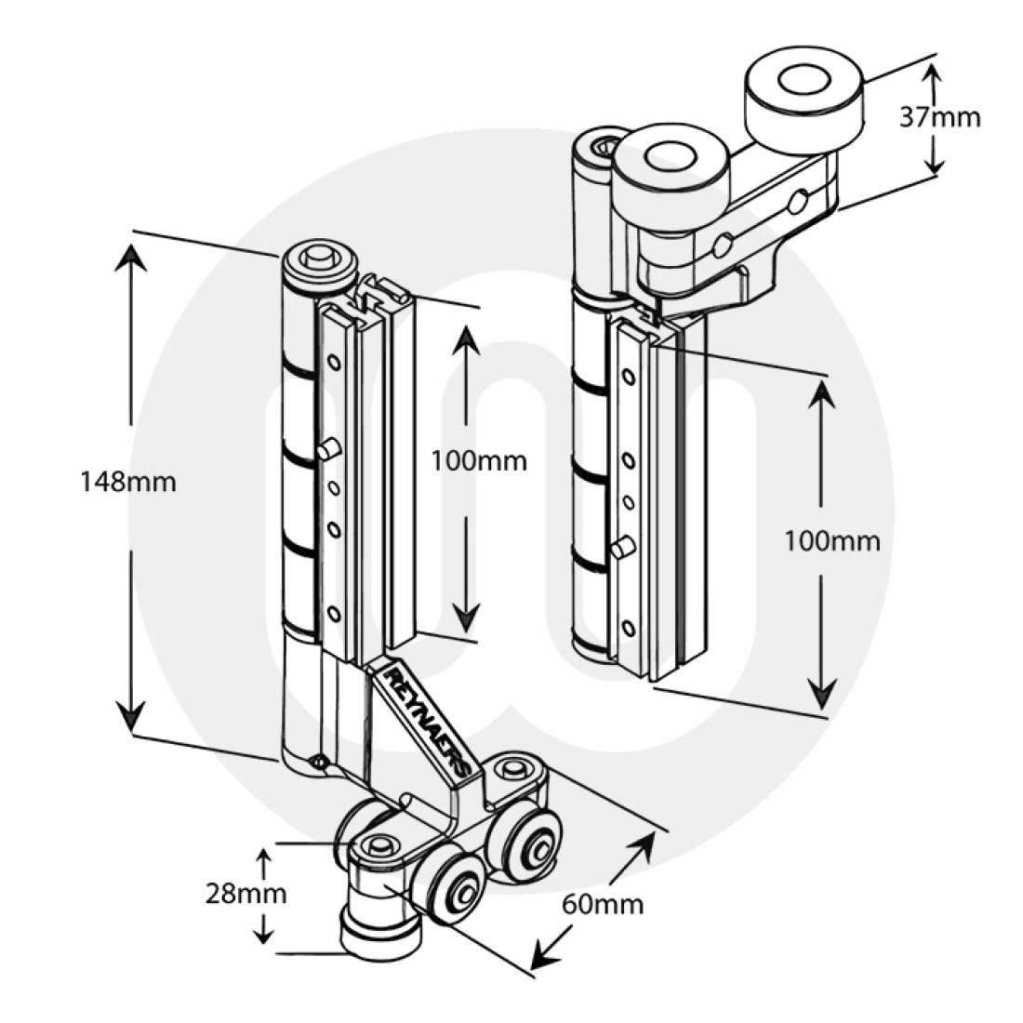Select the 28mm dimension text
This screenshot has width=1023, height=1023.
(x=246, y=895)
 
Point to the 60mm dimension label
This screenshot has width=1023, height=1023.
(x=603, y=902)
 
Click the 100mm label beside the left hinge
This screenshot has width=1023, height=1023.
(x=479, y=459)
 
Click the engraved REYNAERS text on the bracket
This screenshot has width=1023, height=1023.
(x=423, y=722)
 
